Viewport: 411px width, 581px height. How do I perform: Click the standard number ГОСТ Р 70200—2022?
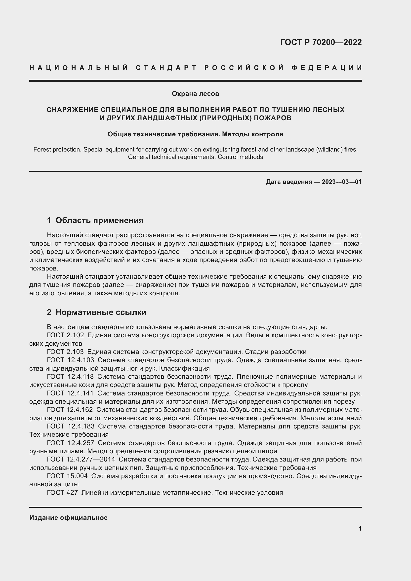321,42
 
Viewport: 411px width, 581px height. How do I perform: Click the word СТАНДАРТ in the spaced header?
166,68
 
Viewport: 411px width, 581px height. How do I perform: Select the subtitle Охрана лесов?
195,94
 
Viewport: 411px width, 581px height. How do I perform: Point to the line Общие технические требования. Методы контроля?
195,134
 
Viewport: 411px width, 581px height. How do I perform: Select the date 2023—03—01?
341,182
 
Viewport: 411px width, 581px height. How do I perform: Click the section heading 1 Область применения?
95,220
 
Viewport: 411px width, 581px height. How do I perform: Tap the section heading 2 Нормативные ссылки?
97,312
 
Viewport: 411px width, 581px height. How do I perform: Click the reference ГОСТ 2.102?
65,335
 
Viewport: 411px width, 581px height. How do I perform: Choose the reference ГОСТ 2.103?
65,352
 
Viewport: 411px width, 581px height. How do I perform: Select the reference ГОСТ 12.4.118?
70,377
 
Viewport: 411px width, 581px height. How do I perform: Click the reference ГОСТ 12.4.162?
70,410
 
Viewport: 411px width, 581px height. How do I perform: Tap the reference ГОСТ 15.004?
67,476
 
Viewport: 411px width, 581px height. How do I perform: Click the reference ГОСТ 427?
62,492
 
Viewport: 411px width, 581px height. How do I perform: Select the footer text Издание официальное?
68,517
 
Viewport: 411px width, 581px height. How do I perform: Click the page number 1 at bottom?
360,528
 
